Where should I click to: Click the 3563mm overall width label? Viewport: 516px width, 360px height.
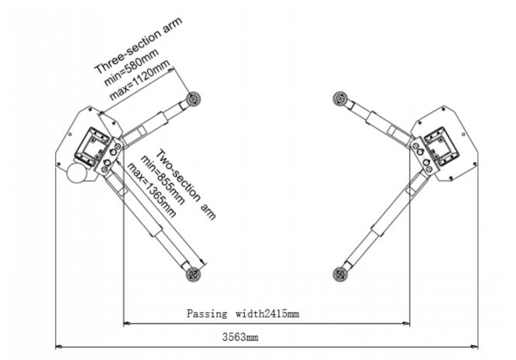tap(240, 337)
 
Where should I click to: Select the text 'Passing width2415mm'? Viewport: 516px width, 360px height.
tap(243, 314)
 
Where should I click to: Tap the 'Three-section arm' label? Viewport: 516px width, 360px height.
tap(138, 46)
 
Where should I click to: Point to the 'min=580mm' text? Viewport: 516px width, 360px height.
tap(132, 67)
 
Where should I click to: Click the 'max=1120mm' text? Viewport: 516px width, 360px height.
tap(140, 80)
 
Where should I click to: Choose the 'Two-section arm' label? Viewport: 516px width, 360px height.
tap(186, 184)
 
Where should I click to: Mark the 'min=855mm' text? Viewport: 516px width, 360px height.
tap(163, 180)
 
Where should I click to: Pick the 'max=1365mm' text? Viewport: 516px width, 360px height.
tap(151, 190)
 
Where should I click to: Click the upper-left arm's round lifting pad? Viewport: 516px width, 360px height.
tap(193, 99)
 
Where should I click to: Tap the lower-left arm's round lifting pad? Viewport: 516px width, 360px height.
tap(193, 274)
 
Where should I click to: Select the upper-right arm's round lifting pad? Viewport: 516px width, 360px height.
tap(340, 98)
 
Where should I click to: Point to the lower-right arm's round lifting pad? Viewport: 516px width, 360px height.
tap(340, 274)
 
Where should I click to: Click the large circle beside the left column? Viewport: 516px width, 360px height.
tap(77, 173)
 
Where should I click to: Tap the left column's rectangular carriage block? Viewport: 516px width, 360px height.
tap(92, 147)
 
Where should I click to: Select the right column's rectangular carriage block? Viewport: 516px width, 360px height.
tap(442, 146)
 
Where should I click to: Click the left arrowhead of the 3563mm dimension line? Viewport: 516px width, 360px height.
tap(59, 346)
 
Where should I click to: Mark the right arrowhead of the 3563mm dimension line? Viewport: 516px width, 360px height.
tap(474, 346)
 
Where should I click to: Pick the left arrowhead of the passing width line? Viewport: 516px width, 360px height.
tap(127, 324)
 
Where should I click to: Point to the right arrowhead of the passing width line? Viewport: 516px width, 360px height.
tap(406, 324)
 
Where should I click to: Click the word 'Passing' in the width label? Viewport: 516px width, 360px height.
tap(207, 314)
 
